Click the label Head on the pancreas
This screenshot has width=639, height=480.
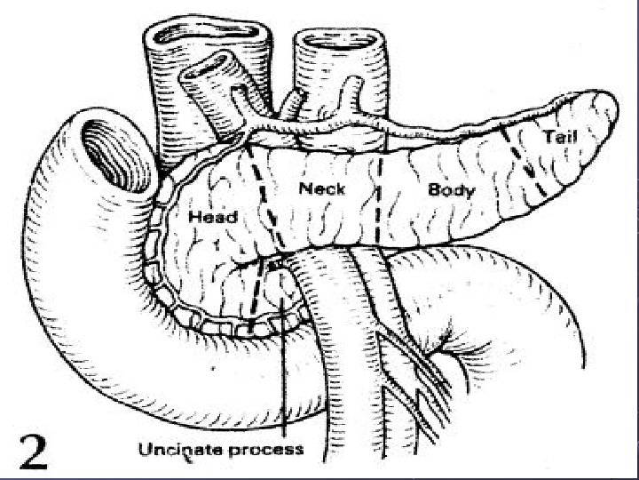(x=213, y=217)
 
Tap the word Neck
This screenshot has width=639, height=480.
(x=322, y=188)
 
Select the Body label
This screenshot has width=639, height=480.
(x=452, y=190)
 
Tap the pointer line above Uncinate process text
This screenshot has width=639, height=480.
(x=283, y=373)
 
